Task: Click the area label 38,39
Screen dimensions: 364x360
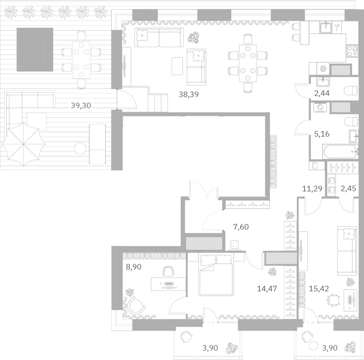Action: pos(188,95)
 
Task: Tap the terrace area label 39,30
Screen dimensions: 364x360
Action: pos(81,105)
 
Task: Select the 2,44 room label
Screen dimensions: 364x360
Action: pos(321,93)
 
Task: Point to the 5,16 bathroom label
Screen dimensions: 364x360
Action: pos(322,134)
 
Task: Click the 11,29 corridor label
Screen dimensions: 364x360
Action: pos(312,189)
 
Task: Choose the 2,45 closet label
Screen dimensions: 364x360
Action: pos(348,189)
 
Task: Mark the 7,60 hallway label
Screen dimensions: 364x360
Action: pos(241,227)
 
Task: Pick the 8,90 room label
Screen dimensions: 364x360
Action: pos(133,267)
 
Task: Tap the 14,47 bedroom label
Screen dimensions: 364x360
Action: pos(267,289)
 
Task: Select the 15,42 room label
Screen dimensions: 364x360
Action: pos(319,289)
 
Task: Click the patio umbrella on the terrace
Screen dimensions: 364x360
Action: pos(23,144)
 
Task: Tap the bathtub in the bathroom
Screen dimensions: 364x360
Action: pos(340,152)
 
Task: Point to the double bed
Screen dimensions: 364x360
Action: pos(216,275)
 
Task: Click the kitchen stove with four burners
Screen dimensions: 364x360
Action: pos(352,51)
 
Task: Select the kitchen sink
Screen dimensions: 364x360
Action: pos(327,27)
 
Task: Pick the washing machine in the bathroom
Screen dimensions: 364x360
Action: pos(320,107)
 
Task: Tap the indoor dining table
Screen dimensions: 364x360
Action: pos(248,63)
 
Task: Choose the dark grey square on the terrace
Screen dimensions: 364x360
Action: pos(35,50)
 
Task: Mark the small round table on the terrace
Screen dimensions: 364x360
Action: pos(80,148)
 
